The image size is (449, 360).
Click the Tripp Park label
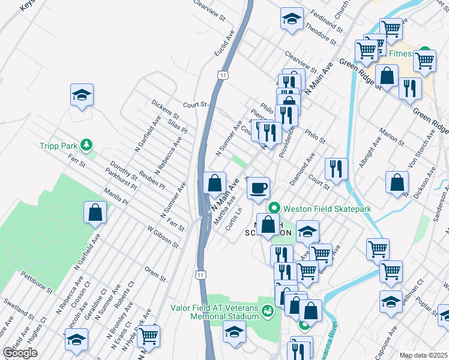click(x=58, y=145)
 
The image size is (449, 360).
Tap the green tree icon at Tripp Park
click(x=87, y=145)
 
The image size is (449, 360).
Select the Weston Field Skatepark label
click(x=327, y=208)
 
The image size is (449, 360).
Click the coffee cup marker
click(x=259, y=188)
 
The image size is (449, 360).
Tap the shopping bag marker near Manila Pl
click(x=95, y=212)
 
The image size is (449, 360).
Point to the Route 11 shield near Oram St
click(x=199, y=274)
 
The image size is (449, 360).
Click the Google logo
click(x=20, y=353)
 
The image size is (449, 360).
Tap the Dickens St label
click(x=165, y=108)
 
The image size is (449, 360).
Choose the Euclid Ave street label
click(x=223, y=46)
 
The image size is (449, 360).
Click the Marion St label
click(x=392, y=136)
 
